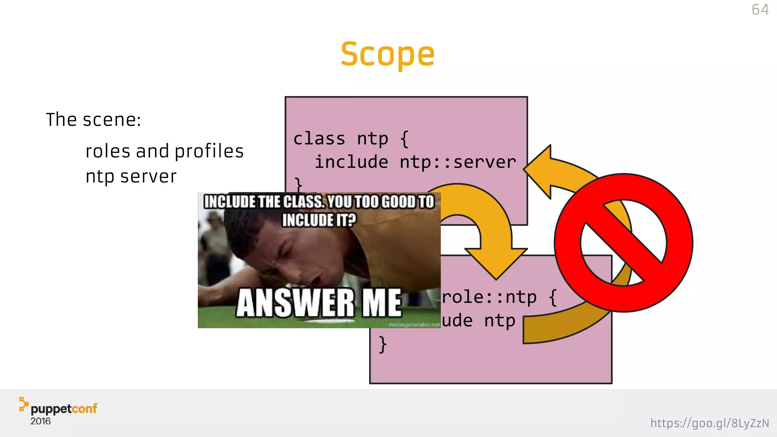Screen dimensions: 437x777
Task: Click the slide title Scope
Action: coord(387,54)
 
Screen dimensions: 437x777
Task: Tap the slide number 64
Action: coord(760,10)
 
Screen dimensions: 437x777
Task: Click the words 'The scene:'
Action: coord(93,120)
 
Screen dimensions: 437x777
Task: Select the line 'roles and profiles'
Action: coord(164,151)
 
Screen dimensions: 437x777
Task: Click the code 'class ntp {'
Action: coord(351,139)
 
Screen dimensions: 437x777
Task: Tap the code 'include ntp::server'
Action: coord(415,162)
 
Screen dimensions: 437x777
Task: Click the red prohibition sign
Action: coord(623,243)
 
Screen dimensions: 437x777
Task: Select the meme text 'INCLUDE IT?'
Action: coord(319,220)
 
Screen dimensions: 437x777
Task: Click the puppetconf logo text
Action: coord(64,409)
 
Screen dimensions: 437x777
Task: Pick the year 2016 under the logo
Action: coord(40,421)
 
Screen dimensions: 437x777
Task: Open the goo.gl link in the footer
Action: coord(709,423)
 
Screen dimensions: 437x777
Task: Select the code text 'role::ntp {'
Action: coord(499,297)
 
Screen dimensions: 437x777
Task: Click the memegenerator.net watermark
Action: coord(414,325)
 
